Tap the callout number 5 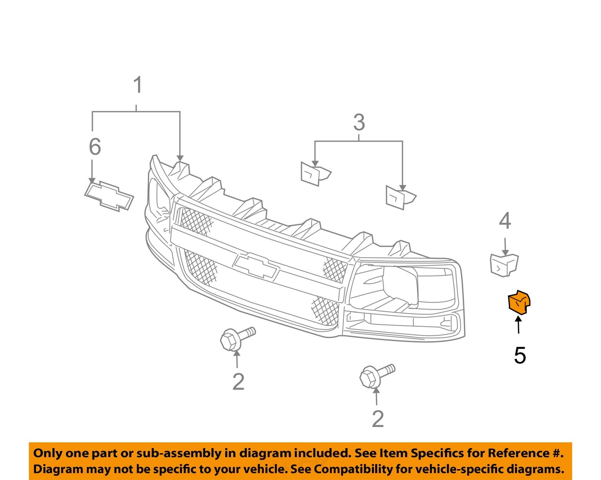[x=520, y=355]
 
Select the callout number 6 [x=95, y=146]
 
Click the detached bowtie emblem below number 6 [x=109, y=196]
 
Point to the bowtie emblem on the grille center [x=256, y=265]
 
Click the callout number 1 [x=137, y=85]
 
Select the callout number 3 [x=359, y=122]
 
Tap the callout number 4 [x=505, y=221]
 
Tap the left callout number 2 [x=238, y=382]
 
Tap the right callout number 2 [x=378, y=419]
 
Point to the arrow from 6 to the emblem [x=92, y=172]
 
